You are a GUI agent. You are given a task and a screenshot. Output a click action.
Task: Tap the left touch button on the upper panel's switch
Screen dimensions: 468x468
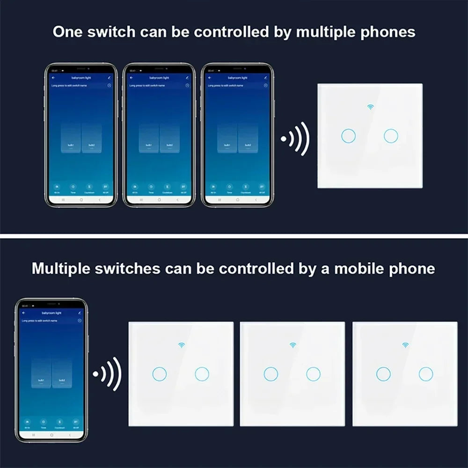[x=348, y=136]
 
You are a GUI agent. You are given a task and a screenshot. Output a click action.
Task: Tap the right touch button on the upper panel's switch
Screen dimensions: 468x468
[x=391, y=136]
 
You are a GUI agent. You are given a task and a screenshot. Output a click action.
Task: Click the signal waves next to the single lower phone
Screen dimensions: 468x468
[x=108, y=374]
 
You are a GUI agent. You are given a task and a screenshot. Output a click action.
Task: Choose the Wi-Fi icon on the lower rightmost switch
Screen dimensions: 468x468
[x=405, y=345]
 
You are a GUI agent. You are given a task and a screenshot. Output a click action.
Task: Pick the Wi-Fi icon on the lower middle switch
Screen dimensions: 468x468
[x=293, y=345]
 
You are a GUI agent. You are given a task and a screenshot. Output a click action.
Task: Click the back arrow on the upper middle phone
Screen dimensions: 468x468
[x=131, y=77]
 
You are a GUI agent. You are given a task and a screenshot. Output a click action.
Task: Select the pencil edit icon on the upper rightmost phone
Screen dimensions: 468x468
[x=266, y=77]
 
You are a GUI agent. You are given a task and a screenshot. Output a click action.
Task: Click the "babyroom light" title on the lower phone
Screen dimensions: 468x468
[x=51, y=312]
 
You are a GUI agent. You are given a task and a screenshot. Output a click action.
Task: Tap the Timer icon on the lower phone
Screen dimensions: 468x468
[x=43, y=422]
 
